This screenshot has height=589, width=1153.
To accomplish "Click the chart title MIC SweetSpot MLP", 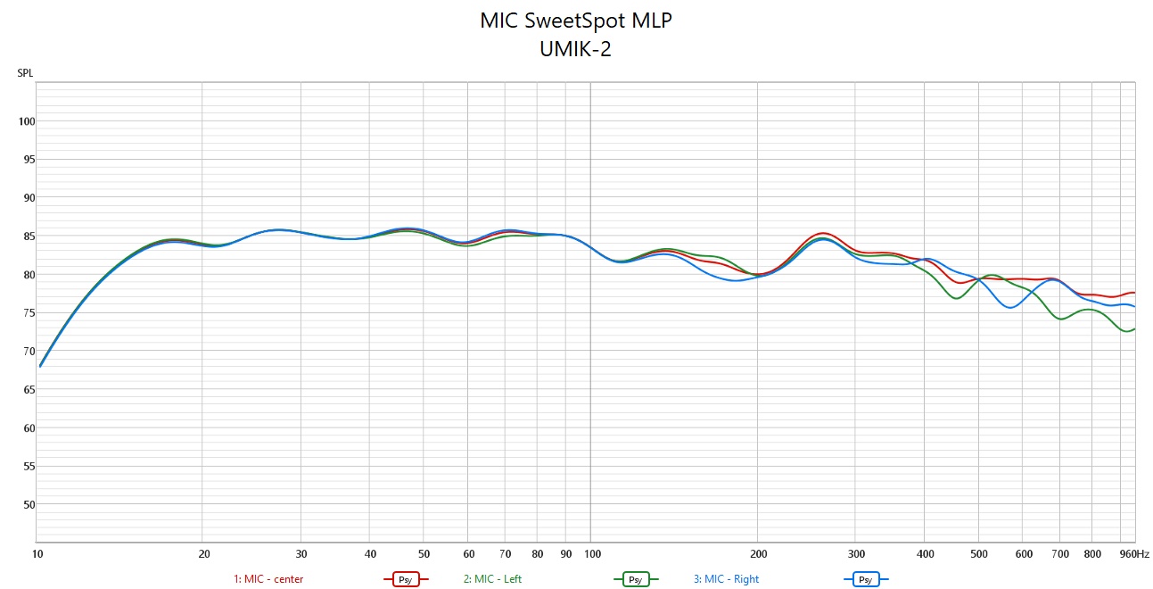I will coord(575,21).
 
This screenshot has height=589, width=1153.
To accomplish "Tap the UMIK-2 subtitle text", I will coord(575,49).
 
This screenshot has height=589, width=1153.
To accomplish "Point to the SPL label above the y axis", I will coord(25,73).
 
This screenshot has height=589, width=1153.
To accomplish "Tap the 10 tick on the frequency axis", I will coord(37,553).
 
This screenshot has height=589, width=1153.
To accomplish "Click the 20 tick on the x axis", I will coord(204,553).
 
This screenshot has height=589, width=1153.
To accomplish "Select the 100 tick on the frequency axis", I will coord(592,553).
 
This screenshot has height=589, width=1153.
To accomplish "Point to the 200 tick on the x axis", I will coord(758,553).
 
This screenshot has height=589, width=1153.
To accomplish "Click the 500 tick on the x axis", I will coord(979,553).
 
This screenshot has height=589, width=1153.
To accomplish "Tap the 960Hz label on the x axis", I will coord(1134,553).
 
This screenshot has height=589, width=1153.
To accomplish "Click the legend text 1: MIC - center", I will coord(268,579).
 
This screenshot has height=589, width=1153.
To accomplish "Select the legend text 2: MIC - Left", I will coord(492,579).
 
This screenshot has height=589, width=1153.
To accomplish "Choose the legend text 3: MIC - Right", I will coord(726,579).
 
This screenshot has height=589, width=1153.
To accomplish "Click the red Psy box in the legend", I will coord(405,579).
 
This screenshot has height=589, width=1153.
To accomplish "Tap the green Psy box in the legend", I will coord(635,579).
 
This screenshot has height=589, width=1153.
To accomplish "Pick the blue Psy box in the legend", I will coord(865,579).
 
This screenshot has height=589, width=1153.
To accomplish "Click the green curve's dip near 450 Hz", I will coord(957,298).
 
